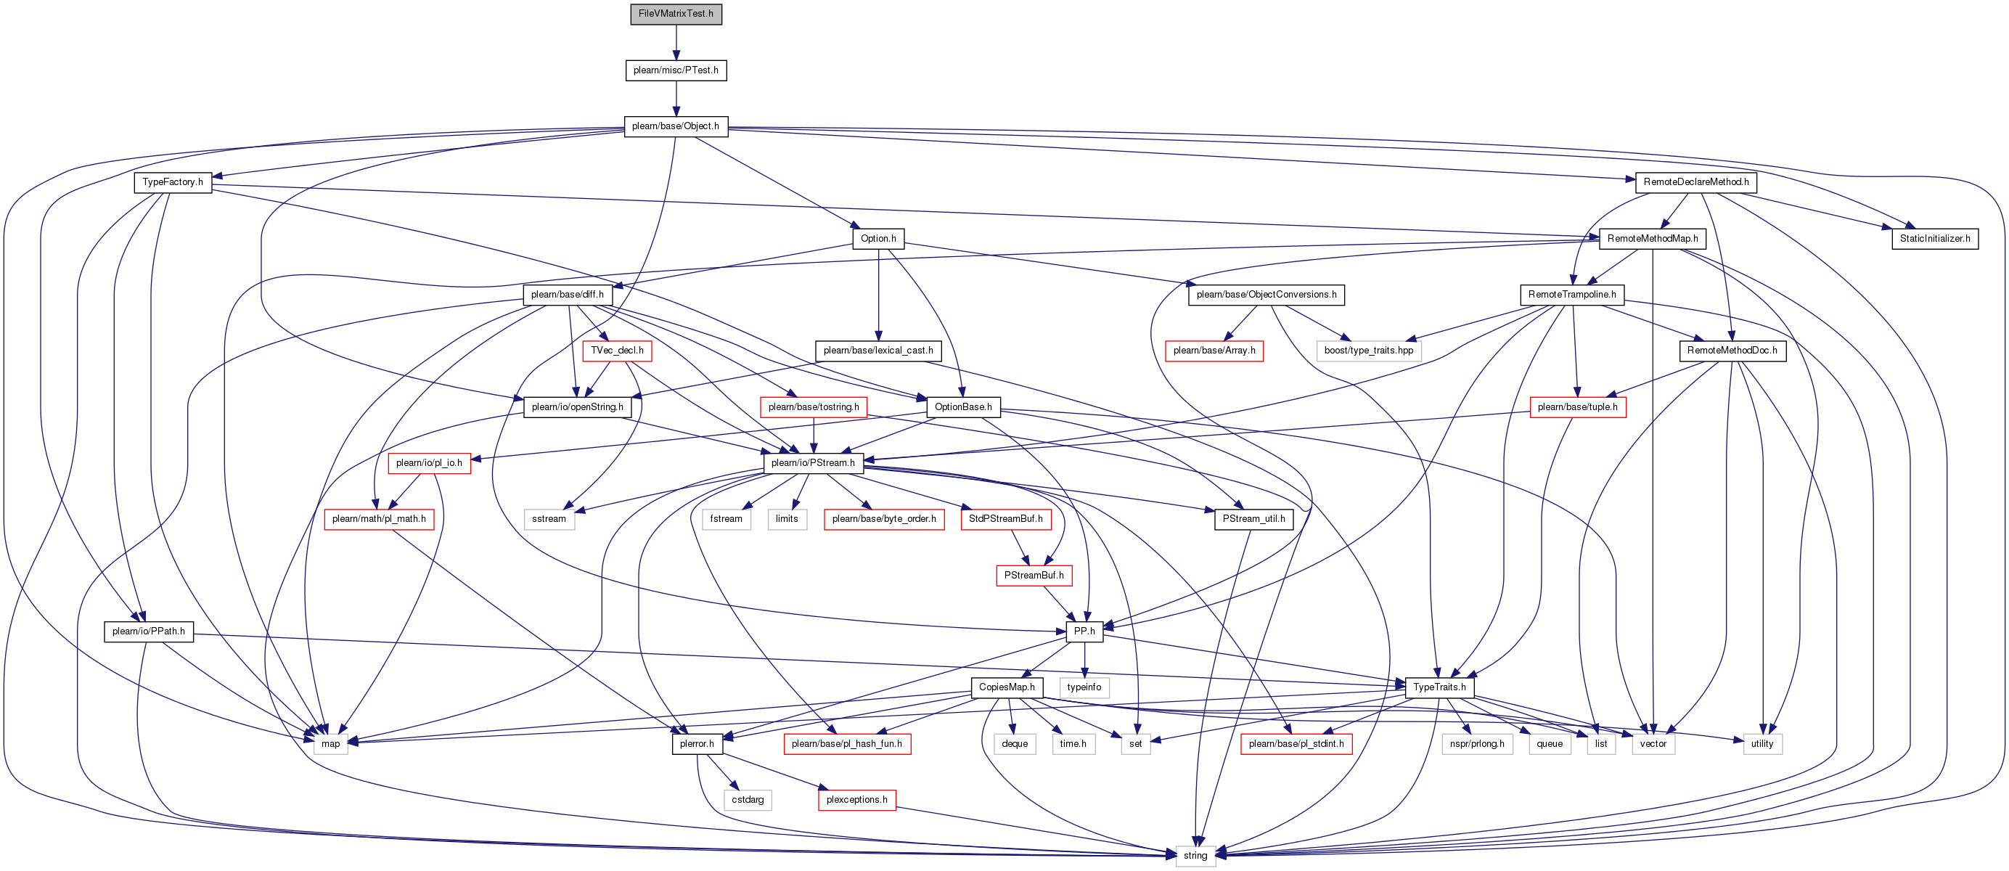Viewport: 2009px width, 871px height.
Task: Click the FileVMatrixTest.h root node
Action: pos(676,14)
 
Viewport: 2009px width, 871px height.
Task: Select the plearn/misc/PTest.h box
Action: pos(676,70)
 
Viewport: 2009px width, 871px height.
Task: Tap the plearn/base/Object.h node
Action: pos(676,126)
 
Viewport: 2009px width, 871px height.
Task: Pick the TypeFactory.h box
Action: pos(173,182)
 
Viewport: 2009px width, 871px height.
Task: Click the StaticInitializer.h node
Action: pos(1935,239)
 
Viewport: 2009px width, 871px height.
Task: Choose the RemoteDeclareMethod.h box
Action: pos(1696,182)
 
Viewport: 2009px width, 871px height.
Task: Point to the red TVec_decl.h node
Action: pos(617,351)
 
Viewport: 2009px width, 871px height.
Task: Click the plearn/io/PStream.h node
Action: pos(814,463)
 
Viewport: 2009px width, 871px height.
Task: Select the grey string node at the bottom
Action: pos(1195,856)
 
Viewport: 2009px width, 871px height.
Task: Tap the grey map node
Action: pos(331,744)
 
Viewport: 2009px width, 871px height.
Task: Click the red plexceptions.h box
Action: pos(857,800)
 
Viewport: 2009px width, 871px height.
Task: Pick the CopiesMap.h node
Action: pos(1007,688)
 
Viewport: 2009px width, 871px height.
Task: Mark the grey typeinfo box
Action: pos(1084,688)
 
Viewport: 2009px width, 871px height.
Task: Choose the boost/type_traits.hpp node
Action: pos(1369,351)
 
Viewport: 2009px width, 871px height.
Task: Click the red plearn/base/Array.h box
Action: pos(1214,351)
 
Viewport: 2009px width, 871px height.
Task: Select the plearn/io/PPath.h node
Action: pos(149,631)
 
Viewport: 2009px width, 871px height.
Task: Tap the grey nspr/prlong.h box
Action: pos(1478,744)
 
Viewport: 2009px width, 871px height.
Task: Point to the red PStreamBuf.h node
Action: pos(1034,576)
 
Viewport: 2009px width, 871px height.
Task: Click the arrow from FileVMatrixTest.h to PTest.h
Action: pos(676,42)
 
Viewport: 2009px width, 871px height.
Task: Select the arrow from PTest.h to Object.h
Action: pos(676,98)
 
